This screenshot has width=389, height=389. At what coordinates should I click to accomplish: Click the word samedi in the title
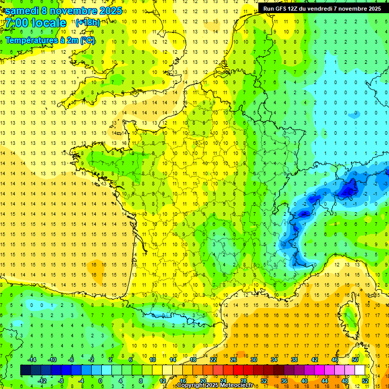tap(23, 11)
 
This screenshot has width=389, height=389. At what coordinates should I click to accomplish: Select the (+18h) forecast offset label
tap(88, 22)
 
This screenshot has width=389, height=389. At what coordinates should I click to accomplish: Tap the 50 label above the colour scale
tap(355, 360)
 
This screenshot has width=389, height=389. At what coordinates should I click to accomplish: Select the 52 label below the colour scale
tap(365, 381)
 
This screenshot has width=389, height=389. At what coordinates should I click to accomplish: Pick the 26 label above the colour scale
tap(234, 360)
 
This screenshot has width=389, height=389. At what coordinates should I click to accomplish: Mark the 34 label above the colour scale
tap(274, 360)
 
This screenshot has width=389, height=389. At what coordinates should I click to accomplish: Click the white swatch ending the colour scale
tap(360, 370)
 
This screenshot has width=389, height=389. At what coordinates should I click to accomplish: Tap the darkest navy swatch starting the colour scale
tap(25, 370)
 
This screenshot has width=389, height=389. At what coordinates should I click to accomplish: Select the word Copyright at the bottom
tap(191, 385)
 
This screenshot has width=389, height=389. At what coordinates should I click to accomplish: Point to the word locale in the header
tap(49, 23)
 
